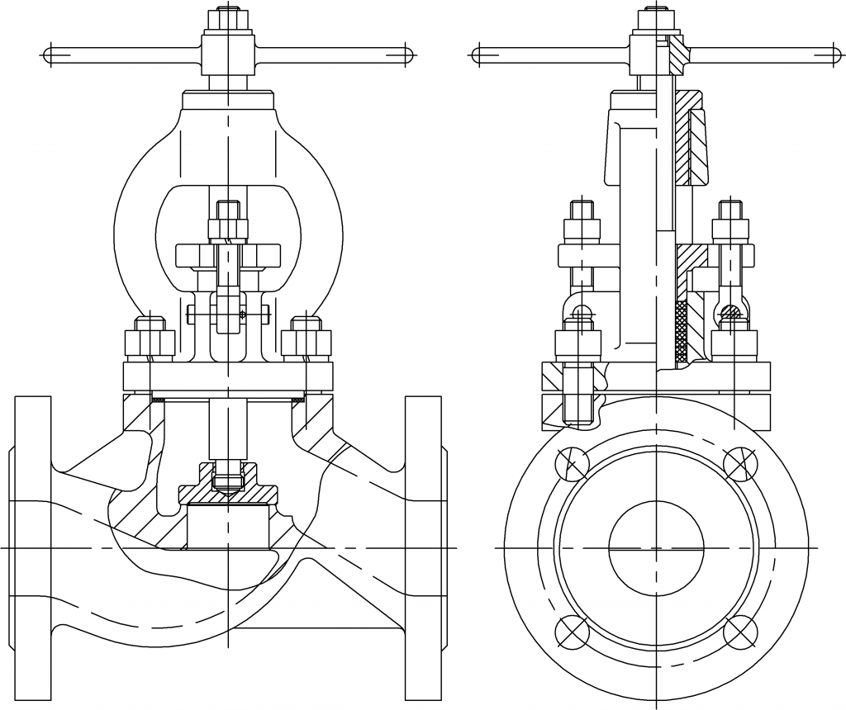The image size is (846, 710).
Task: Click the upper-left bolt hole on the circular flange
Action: tap(570, 463)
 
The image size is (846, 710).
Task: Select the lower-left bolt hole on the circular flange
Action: tap(570, 632)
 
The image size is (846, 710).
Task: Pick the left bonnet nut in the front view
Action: tap(148, 341)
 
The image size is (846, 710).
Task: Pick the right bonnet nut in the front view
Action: tap(307, 341)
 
